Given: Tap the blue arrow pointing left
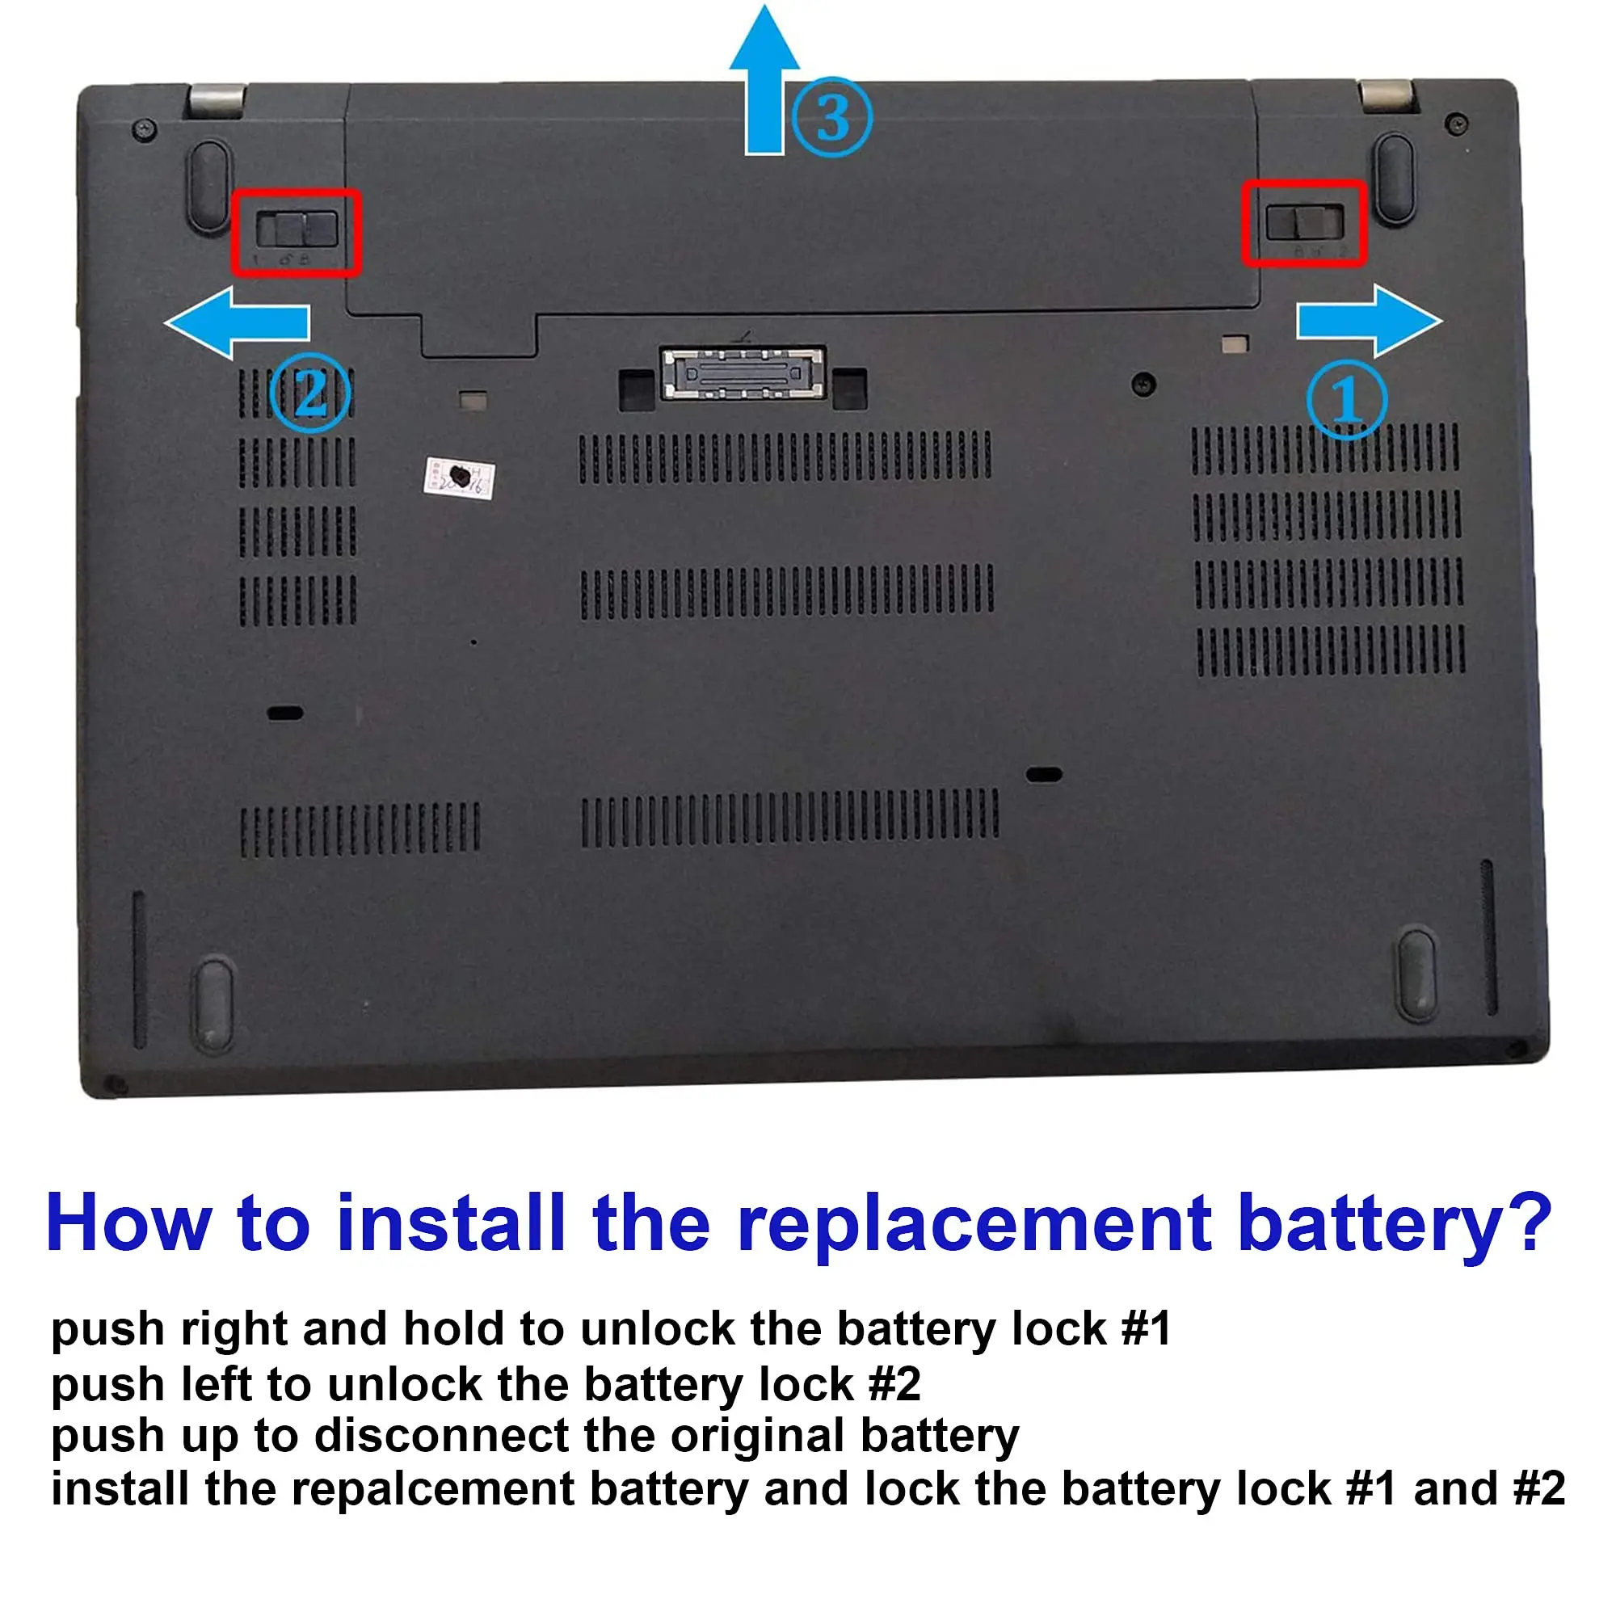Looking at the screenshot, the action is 237,323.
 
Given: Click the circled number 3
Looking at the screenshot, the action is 832,117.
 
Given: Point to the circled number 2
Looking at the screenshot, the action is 310,393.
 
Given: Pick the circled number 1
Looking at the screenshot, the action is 1347,400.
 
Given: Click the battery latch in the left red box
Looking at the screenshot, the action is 297,229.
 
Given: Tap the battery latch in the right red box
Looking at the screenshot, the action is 1305,222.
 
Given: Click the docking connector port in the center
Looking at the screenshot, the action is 743,373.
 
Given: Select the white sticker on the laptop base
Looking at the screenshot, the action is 459,478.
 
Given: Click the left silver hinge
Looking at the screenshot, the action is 217,99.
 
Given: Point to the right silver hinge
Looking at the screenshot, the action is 1386,95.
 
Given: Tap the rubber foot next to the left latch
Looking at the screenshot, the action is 208,185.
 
